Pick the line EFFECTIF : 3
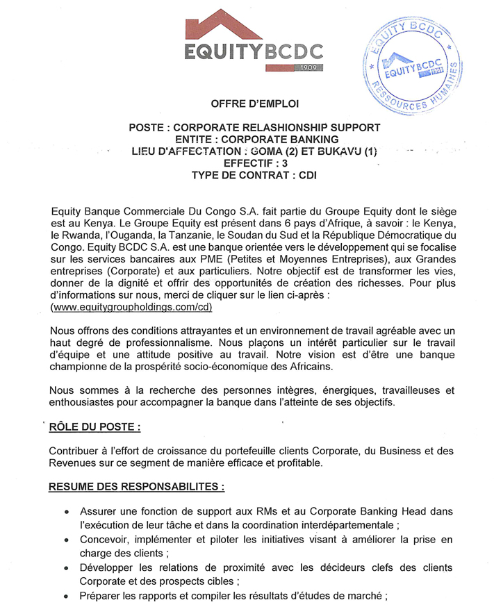[x=254, y=163]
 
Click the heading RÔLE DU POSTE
[x=99, y=426]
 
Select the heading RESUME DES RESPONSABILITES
[x=136, y=488]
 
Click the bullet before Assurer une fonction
[x=66, y=512]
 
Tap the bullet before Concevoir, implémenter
[x=66, y=540]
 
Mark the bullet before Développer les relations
[x=66, y=568]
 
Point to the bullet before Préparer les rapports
[x=66, y=596]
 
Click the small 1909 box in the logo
[x=310, y=67]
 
